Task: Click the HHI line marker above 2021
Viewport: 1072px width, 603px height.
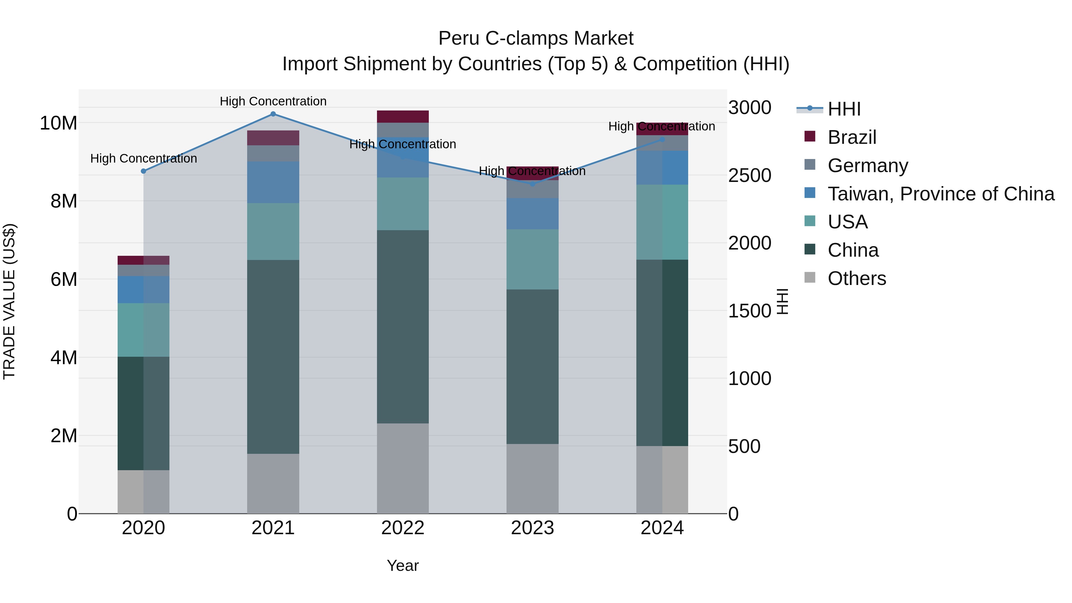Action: click(273, 114)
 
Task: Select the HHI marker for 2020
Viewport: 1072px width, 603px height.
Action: click(144, 171)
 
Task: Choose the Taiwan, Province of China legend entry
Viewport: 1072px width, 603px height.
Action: click(940, 194)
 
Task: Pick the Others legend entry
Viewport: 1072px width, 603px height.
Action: click(856, 278)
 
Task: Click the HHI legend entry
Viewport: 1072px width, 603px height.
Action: click(844, 109)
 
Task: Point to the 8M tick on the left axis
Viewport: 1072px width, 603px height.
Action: click(64, 201)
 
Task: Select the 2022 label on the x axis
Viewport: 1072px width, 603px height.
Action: click(402, 528)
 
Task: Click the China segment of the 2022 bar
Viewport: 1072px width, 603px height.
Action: click(402, 327)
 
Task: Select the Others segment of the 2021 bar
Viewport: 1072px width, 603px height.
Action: click(273, 484)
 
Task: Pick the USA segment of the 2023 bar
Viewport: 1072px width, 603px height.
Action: click(532, 259)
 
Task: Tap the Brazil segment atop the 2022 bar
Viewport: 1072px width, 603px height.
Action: click(402, 116)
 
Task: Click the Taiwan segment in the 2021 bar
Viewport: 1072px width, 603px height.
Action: click(273, 182)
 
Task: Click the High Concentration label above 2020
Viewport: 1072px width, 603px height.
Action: click(144, 158)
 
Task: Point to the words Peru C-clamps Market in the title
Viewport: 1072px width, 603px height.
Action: click(536, 39)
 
